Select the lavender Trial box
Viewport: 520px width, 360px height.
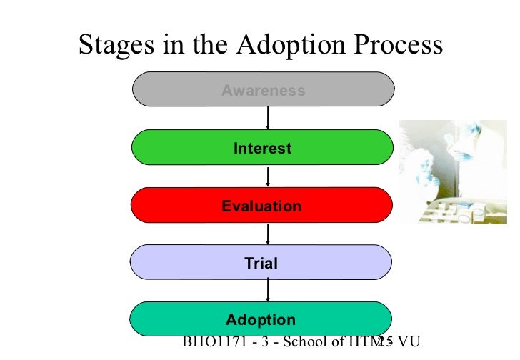[x=179, y=264]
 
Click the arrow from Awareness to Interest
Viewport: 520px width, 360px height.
[x=267, y=119]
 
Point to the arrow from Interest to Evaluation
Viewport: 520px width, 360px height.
[x=267, y=176]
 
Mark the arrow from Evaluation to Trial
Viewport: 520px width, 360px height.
[x=267, y=234]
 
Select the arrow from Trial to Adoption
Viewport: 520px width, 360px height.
[x=267, y=289]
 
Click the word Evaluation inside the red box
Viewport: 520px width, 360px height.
[x=261, y=206]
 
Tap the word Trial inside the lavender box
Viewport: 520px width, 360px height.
[x=261, y=264]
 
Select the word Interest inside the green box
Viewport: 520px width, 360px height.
[x=262, y=149]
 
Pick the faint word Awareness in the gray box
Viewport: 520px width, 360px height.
[x=263, y=91]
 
